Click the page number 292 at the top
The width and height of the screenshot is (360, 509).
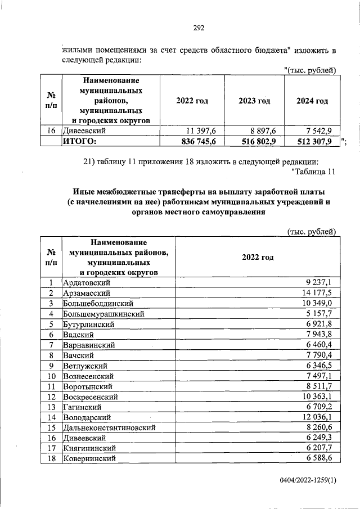pos(199,28)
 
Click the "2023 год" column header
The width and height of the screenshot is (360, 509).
pos(254,101)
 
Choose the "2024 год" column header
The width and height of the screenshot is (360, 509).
pos(312,101)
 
